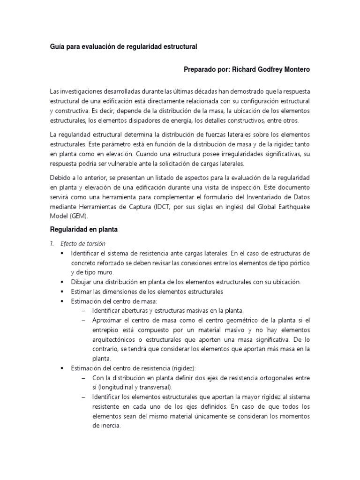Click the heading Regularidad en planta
[84, 230]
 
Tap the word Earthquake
[292, 207]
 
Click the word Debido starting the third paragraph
[60, 178]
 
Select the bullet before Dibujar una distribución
[61, 282]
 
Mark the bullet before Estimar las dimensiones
[61, 292]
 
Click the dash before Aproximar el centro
[83, 320]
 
